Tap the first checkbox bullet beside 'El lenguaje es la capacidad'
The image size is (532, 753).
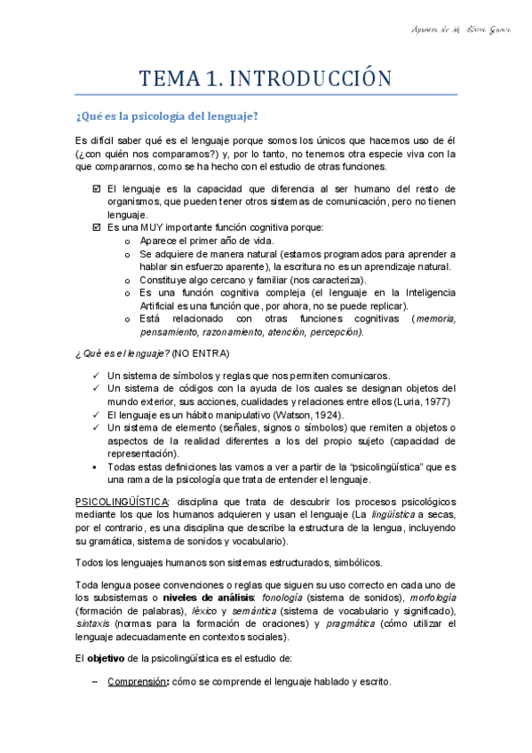(96, 189)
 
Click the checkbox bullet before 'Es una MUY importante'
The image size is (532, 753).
(96, 227)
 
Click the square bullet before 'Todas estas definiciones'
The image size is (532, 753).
(96, 466)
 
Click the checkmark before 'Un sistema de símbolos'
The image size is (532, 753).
(96, 376)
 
